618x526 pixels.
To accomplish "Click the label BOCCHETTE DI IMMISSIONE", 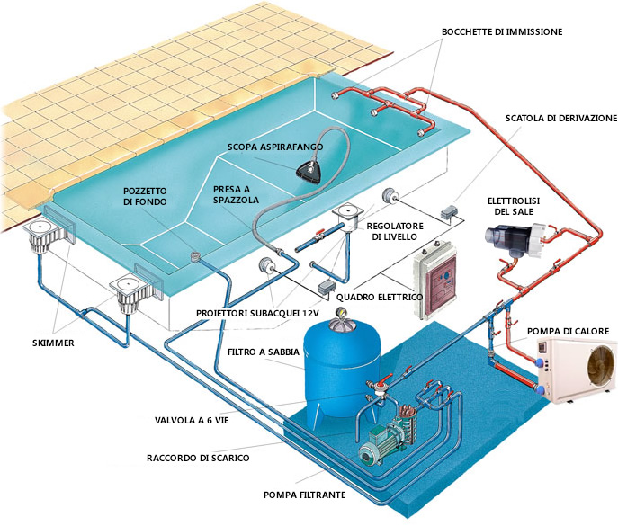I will (x=501, y=31).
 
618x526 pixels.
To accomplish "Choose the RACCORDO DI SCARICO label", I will (x=198, y=458).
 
